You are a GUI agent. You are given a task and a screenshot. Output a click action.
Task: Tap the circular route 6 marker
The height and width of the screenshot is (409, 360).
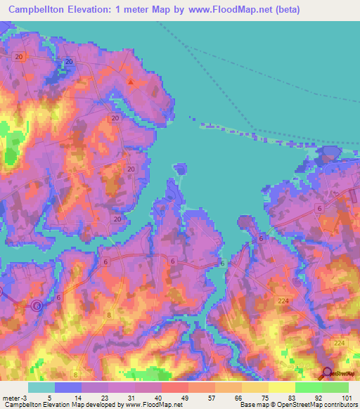(x=37, y=305)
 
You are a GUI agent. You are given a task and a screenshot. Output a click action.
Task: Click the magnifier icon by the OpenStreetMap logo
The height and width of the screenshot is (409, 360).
(x=327, y=372)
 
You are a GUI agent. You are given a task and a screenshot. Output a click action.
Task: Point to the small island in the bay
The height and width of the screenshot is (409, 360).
(x=181, y=168)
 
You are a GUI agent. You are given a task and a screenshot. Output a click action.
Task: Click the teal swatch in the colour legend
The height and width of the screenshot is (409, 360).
(x=41, y=388)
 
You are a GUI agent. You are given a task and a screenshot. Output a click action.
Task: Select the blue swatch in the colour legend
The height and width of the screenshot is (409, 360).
(x=68, y=388)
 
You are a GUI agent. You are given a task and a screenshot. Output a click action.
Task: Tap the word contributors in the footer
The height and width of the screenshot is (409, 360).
(x=338, y=404)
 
